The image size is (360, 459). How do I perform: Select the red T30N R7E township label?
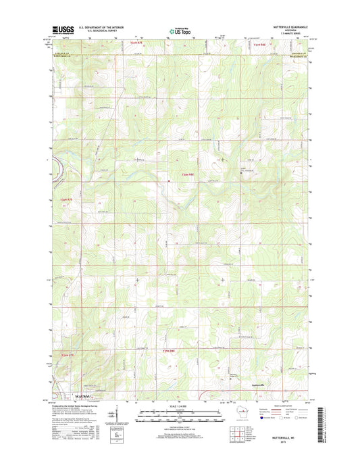[x=66, y=199]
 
